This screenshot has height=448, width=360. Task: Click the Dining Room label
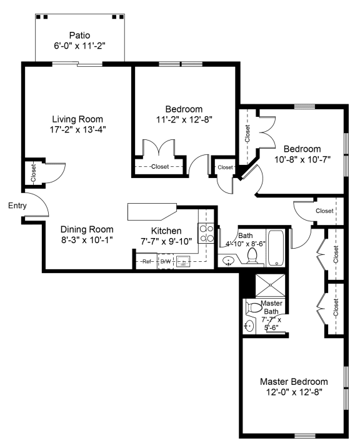77,229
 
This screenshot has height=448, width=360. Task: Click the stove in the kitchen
206,233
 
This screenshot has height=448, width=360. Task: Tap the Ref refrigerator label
147,261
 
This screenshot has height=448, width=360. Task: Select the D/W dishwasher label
166,261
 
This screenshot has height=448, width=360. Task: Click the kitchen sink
184,261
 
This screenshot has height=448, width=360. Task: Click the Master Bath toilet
253,307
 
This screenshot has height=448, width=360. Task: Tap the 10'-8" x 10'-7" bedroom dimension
302,159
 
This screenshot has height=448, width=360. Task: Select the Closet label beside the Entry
33,172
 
